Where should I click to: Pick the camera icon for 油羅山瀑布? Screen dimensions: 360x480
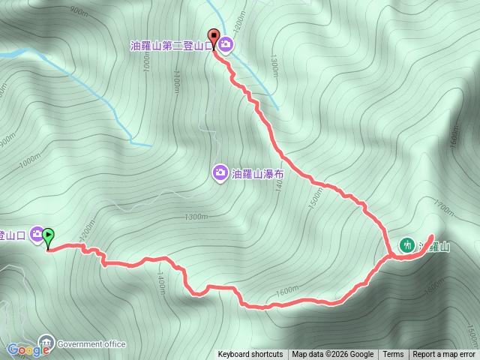click(x=220, y=172)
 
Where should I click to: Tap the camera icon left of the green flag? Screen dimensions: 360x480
click(x=36, y=235)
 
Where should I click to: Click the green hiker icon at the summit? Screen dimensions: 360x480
click(x=406, y=244)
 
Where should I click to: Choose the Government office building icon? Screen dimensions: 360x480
click(x=46, y=343)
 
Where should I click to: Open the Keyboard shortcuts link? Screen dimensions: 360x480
click(x=250, y=355)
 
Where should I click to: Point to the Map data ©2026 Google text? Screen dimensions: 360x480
click(x=333, y=355)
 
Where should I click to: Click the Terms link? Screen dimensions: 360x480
click(x=393, y=355)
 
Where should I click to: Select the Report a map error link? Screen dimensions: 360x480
click(x=443, y=355)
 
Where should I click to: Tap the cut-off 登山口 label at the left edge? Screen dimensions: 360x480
click(x=13, y=235)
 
